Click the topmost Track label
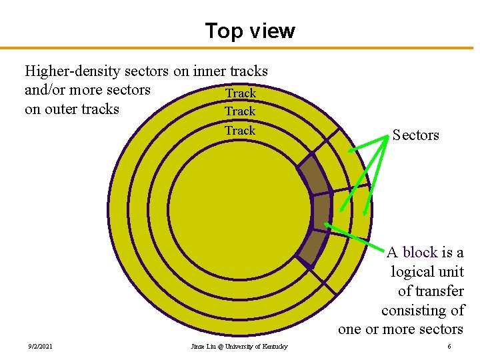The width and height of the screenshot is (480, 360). point(240,93)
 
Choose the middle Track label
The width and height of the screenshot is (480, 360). point(240,111)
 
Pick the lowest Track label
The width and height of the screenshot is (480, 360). point(240,130)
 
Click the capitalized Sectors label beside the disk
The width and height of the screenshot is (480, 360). point(415,135)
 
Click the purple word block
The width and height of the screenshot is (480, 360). point(420,252)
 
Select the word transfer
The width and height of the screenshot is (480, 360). point(440,291)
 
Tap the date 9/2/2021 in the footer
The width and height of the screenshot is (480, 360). point(41,347)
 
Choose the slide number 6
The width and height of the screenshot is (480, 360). point(449,347)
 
